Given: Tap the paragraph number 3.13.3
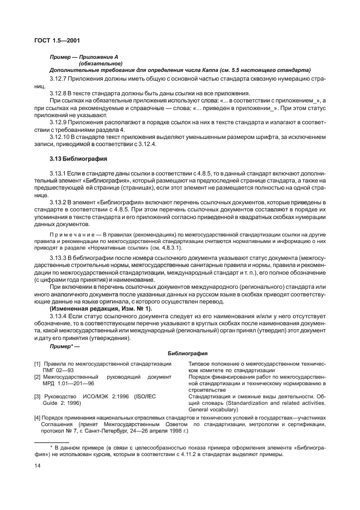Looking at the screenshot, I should [60, 257].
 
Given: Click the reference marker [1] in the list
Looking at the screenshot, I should [38, 363].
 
